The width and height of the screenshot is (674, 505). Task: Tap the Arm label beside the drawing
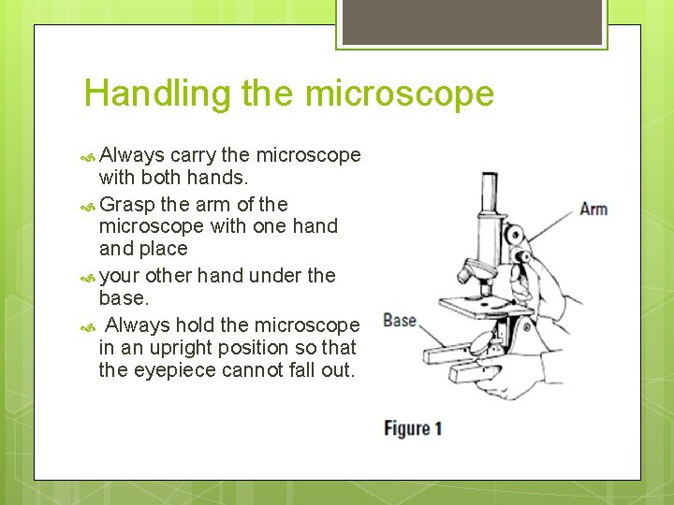click(x=593, y=209)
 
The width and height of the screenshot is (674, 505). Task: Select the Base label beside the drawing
click(x=400, y=321)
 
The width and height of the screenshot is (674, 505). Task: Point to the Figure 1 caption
click(x=412, y=429)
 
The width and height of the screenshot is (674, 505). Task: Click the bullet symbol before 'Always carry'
click(x=89, y=156)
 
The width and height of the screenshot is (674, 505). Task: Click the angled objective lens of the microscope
click(x=478, y=274)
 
